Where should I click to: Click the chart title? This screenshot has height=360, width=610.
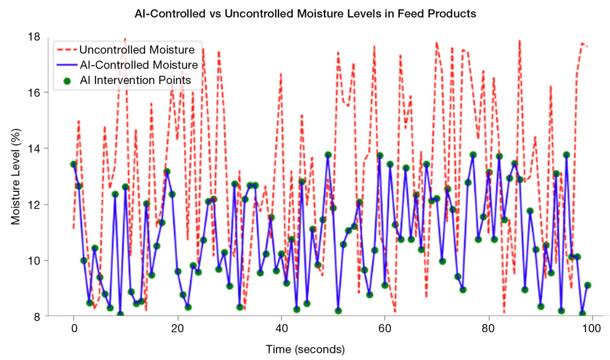pyautogui.click(x=305, y=14)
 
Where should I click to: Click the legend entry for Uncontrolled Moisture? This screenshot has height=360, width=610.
pyautogui.click(x=142, y=49)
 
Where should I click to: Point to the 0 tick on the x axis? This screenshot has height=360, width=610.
pyautogui.click(x=73, y=329)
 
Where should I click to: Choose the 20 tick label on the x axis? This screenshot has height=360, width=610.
pyautogui.click(x=177, y=329)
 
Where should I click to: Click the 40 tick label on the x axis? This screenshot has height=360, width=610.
pyautogui.click(x=281, y=329)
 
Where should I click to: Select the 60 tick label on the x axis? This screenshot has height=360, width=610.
pyautogui.click(x=384, y=329)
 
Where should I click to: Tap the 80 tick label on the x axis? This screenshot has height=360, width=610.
pyautogui.click(x=488, y=329)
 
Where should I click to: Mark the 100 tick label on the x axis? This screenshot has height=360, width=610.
pyautogui.click(x=592, y=329)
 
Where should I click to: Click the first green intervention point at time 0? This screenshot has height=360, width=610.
pyautogui.click(x=73, y=164)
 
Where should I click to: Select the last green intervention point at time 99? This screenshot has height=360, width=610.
pyautogui.click(x=588, y=285)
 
